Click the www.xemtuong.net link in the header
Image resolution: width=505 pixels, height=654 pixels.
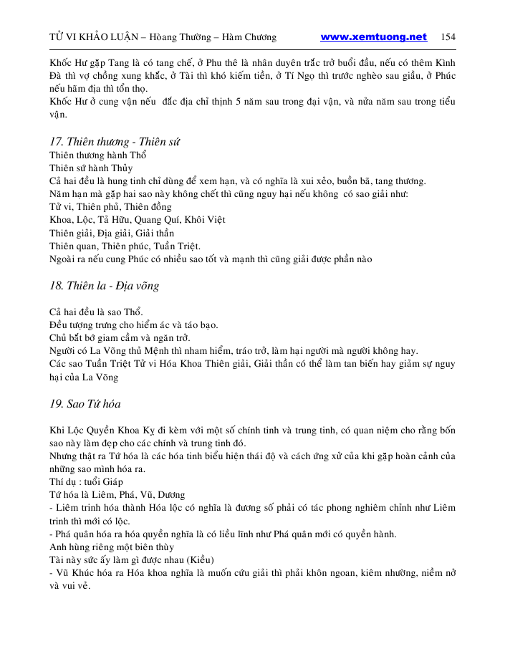point(373,37)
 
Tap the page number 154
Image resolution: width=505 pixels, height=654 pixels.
point(449,37)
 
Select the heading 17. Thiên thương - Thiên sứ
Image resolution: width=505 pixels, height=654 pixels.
point(115,142)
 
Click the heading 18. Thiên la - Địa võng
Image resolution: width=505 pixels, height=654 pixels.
point(104,286)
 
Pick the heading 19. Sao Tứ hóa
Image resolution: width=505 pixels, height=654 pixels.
point(85,403)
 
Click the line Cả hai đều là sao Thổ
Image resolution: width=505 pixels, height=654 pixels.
point(96,312)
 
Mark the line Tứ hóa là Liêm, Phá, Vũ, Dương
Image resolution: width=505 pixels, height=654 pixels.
point(117,494)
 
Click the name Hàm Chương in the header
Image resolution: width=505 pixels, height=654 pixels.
point(250,37)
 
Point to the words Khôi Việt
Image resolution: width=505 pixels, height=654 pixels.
point(205,220)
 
